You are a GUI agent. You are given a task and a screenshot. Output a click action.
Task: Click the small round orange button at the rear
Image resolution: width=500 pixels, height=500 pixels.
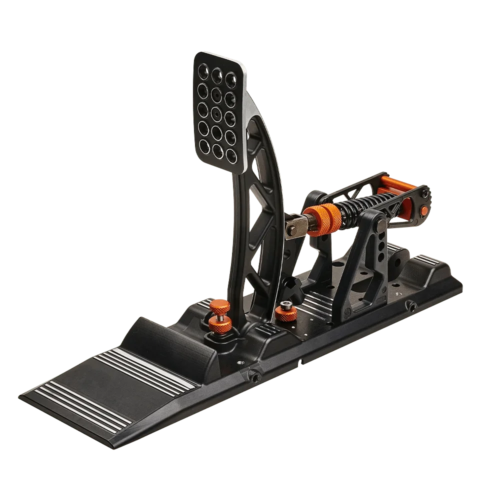(x=425, y=210)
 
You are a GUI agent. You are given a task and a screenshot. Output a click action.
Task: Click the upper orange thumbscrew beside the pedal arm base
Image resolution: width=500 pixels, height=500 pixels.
(x=218, y=306)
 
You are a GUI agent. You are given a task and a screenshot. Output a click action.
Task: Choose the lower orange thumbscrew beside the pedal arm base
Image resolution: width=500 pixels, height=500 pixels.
(x=219, y=325)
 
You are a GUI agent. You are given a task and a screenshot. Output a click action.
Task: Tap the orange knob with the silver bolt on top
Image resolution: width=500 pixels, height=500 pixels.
(x=286, y=313)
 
